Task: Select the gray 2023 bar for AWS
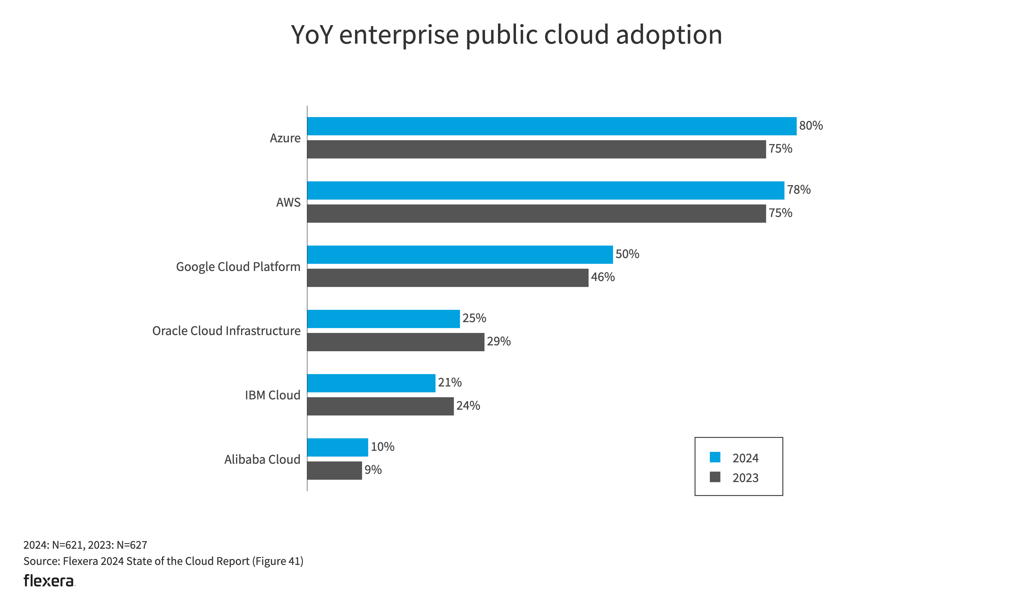click(x=536, y=213)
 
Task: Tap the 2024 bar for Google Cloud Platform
click(x=460, y=255)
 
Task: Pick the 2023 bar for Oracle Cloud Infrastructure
click(x=396, y=342)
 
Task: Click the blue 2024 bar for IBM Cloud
click(x=371, y=383)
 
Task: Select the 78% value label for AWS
click(x=798, y=190)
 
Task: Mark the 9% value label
click(x=373, y=470)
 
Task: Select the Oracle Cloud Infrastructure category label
click(x=226, y=331)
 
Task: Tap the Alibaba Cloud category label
click(x=262, y=459)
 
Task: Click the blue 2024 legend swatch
click(x=715, y=457)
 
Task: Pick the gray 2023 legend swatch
click(x=715, y=477)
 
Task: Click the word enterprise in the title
click(x=399, y=35)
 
